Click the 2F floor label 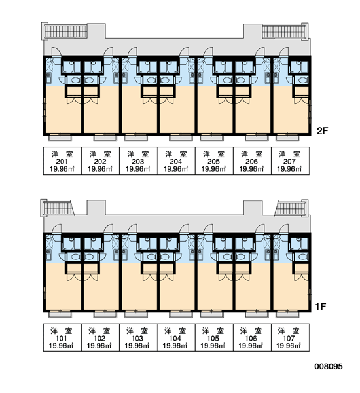(x=322, y=131)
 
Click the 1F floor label (x=321, y=307)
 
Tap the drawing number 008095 (x=329, y=366)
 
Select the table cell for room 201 (x=62, y=160)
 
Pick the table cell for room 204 (x=176, y=160)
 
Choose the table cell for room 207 (x=290, y=160)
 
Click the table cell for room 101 (x=62, y=337)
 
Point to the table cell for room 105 (x=214, y=337)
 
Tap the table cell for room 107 (x=290, y=337)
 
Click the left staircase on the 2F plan (x=66, y=31)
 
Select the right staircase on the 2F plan (x=284, y=31)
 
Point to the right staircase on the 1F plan (x=291, y=208)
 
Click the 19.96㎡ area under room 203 (x=138, y=169)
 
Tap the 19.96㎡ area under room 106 (x=251, y=346)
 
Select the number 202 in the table (x=100, y=162)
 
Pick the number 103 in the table (x=137, y=339)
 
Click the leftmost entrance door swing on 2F (x=56, y=52)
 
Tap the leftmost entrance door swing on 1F (x=56, y=229)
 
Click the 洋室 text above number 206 (x=252, y=154)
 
